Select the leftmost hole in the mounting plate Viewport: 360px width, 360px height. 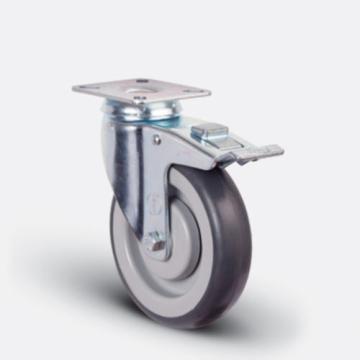point(92,88)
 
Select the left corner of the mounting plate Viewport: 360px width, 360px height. point(74,90)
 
